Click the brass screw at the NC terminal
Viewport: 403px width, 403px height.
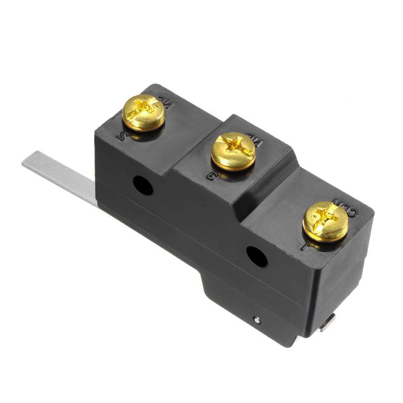(144, 112)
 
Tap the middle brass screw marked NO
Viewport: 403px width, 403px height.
(233, 151)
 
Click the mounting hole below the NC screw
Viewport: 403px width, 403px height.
(143, 185)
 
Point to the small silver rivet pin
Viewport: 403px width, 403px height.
(258, 319)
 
